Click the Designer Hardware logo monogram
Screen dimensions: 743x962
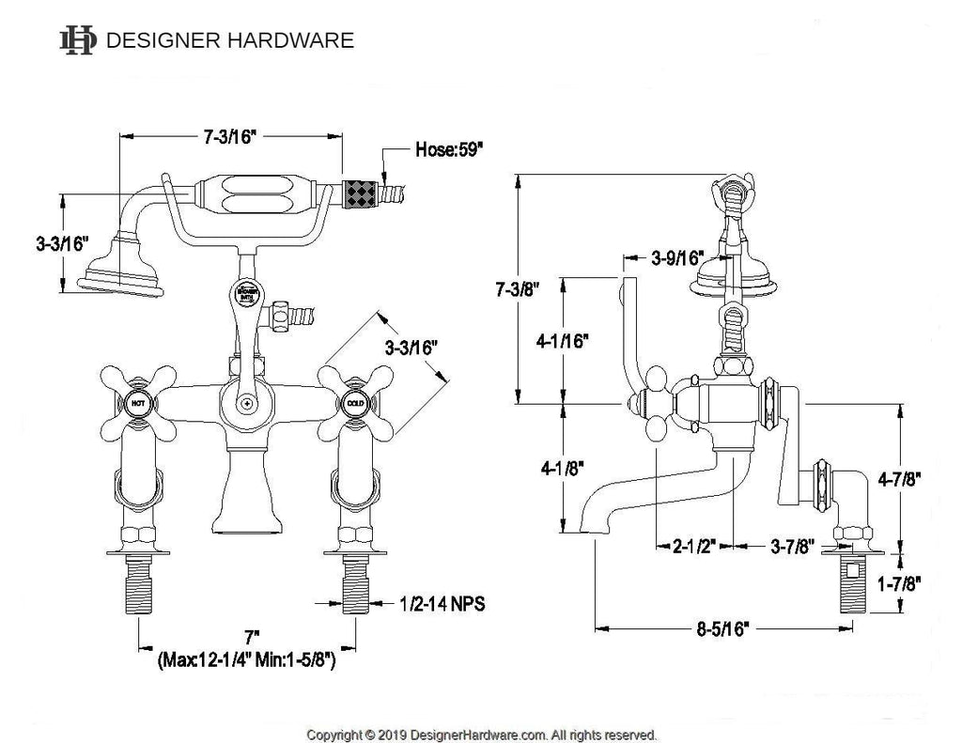[77, 40]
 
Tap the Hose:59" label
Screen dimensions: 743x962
[450, 149]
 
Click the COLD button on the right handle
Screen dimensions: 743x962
[354, 405]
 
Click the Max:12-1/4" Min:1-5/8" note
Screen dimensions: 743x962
[247, 659]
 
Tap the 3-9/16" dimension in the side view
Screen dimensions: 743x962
[677, 256]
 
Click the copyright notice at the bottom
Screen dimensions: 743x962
[482, 734]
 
